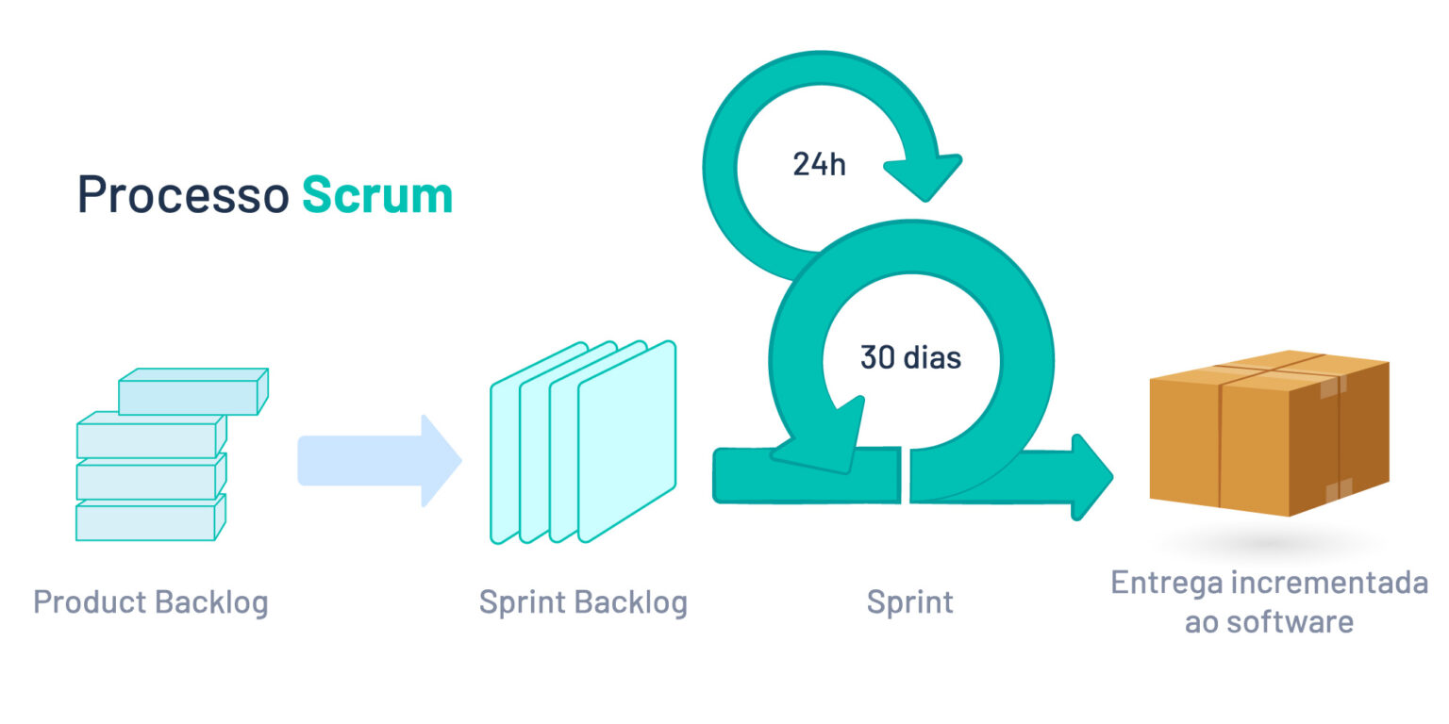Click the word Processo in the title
pos(182,195)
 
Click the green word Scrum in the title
pos(377,195)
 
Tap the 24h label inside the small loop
pos(818,165)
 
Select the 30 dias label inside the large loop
pos(910,358)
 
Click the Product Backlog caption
pos(151,601)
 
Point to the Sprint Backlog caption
pos(583,601)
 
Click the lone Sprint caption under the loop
pos(909,601)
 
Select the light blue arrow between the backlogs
pos(377,461)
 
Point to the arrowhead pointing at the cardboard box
pos(1091,477)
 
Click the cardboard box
pos(1269,434)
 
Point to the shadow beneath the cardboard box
pos(1269,542)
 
